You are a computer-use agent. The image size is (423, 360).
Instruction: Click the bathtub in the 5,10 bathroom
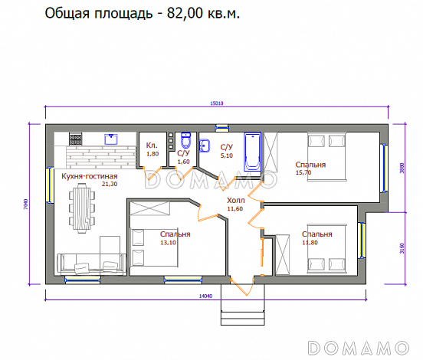(x=252, y=152)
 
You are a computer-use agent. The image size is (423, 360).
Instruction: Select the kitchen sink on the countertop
(x=110, y=139)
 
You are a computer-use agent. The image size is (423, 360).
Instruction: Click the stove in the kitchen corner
(x=76, y=139)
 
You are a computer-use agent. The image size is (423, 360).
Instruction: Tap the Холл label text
(x=235, y=199)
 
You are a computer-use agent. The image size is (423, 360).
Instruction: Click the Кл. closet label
(x=151, y=146)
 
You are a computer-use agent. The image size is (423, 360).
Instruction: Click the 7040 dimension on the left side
(x=27, y=204)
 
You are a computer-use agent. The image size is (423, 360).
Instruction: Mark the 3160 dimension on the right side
(x=402, y=248)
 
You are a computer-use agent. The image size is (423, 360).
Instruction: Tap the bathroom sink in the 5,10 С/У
(x=205, y=145)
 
